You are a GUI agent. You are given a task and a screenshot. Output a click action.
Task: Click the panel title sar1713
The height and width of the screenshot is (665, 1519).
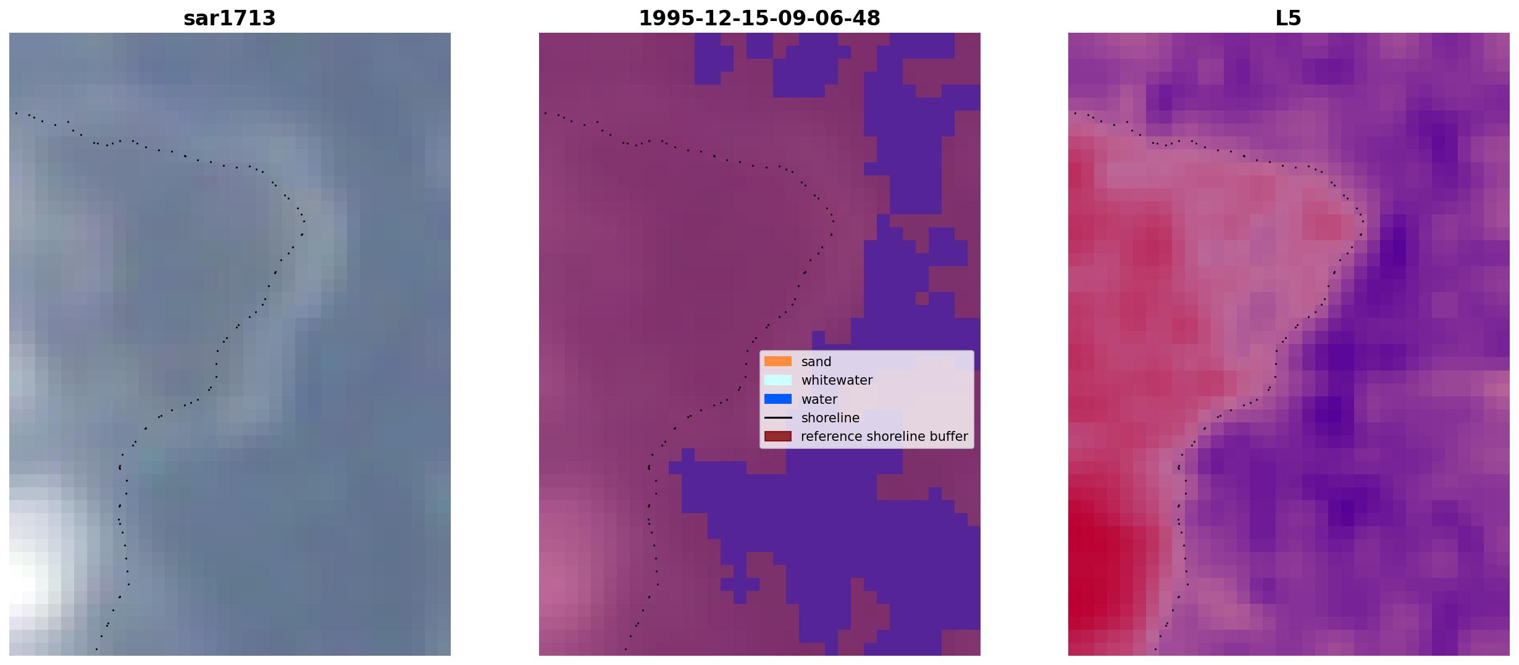click(x=230, y=19)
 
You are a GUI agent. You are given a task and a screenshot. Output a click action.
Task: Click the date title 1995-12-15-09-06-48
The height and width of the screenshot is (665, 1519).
click(x=759, y=19)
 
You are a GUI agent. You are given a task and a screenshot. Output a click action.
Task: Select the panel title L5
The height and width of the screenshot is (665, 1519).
click(x=1289, y=19)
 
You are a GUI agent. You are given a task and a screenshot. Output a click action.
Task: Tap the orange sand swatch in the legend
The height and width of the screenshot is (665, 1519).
click(x=778, y=361)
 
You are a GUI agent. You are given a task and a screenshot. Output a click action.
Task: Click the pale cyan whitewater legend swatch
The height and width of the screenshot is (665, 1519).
click(x=778, y=380)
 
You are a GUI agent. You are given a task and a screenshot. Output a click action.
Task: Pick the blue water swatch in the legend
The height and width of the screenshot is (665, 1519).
click(x=778, y=399)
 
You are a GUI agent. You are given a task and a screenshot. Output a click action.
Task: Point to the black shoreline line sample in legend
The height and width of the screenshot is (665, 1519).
click(x=778, y=418)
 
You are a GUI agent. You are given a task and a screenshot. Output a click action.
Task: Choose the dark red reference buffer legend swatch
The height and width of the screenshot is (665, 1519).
click(x=778, y=437)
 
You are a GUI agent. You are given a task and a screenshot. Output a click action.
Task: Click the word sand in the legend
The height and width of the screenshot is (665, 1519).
click(x=816, y=362)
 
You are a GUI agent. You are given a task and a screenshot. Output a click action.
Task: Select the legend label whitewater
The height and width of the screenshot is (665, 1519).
click(x=837, y=380)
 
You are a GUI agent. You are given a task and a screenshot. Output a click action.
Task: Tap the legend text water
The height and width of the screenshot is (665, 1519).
click(x=819, y=399)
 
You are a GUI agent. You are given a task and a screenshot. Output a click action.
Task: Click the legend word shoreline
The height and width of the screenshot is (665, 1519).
click(x=831, y=418)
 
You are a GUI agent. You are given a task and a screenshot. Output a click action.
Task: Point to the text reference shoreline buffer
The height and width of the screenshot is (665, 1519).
click(x=884, y=437)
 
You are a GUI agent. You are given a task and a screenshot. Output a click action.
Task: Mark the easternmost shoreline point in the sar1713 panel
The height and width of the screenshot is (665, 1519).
click(x=304, y=221)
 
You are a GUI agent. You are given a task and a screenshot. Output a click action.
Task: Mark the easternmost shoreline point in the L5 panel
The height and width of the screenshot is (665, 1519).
click(x=1363, y=221)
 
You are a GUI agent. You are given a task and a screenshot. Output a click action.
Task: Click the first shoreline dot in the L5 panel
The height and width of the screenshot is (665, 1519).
click(x=1075, y=113)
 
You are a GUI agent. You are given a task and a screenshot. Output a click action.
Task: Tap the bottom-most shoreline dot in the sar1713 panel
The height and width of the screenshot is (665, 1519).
click(x=96, y=649)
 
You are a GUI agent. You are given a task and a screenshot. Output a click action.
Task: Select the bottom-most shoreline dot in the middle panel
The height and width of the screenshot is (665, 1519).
click(x=626, y=649)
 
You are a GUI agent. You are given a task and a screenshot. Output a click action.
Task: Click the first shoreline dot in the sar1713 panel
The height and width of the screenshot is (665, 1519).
click(x=16, y=113)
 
